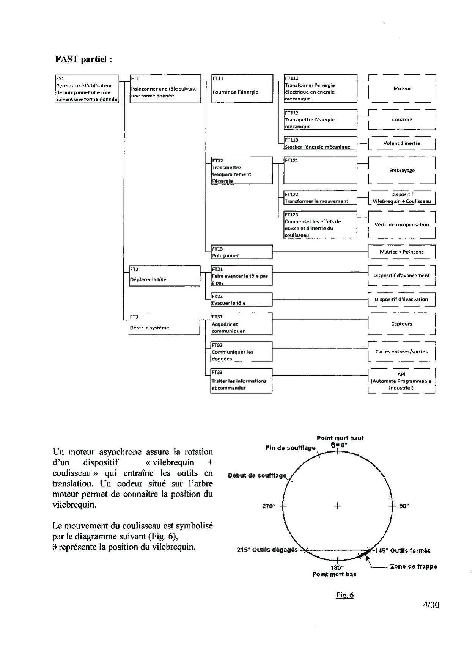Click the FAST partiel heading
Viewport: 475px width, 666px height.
click(x=83, y=59)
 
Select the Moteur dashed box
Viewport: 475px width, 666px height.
click(x=402, y=89)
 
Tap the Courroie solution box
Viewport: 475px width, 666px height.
click(x=402, y=119)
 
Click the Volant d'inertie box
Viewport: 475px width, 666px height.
click(x=402, y=143)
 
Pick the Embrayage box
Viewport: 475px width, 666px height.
click(x=402, y=170)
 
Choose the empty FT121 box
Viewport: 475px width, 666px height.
click(x=320, y=170)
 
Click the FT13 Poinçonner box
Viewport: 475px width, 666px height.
click(x=242, y=252)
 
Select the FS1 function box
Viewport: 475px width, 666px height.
click(x=87, y=89)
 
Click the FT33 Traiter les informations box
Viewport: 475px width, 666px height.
click(x=241, y=381)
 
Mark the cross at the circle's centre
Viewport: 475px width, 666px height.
click(x=338, y=506)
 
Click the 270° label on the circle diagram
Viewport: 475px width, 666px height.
click(x=269, y=506)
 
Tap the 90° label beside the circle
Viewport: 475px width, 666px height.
click(x=404, y=506)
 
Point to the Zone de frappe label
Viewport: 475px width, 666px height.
click(x=413, y=567)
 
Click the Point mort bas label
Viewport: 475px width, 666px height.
click(x=334, y=574)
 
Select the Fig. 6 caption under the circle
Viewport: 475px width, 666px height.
click(x=344, y=595)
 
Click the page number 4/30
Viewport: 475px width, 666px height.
click(x=431, y=605)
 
